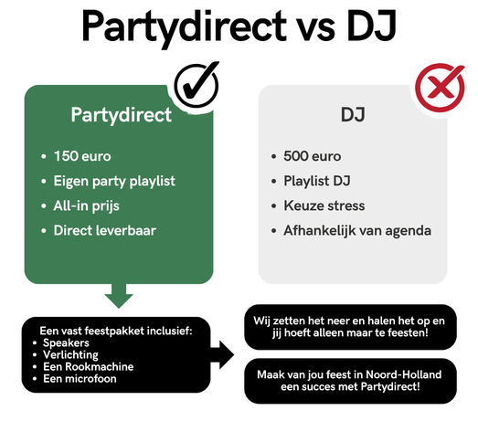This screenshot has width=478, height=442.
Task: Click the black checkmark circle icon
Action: coord(197,85)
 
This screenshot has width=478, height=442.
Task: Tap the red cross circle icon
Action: coord(440,87)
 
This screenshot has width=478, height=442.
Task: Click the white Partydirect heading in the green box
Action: coord(122,115)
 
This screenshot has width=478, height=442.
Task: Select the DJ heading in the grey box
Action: coord(353,114)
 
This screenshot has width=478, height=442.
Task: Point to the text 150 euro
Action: coord(82,156)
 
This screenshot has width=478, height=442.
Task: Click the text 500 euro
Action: coord(313,156)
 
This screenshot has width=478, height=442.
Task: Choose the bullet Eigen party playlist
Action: coord(114,181)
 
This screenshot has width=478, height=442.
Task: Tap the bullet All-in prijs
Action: coord(86,205)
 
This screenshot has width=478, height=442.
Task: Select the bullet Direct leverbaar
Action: coord(105,231)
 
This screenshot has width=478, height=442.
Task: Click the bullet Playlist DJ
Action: coord(317,181)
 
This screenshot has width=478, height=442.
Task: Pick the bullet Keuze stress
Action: coord(324,205)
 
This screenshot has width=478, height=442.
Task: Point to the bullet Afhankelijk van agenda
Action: coord(357,231)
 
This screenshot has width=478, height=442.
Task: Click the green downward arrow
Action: coord(119,296)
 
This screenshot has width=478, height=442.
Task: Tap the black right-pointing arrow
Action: coord(222,355)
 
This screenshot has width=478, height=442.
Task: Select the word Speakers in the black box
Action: coord(66,343)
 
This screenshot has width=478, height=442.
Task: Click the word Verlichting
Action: coord(70,355)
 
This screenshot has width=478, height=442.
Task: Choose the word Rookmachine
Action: coord(102,367)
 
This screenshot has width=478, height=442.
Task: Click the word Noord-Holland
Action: coord(403,374)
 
